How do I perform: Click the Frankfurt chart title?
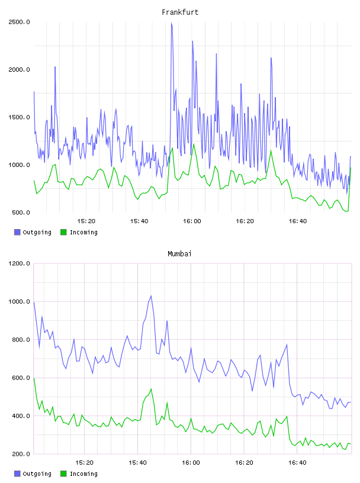point(180,12)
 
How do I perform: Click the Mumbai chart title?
point(179,254)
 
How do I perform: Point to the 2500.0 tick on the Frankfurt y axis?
point(19,22)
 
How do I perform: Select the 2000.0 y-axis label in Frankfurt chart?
point(19,70)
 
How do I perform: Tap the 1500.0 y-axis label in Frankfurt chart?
point(19,117)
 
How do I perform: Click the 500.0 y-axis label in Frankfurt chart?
point(21,212)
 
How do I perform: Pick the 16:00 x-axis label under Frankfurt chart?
point(192,221)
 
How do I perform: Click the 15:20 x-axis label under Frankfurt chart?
point(86,221)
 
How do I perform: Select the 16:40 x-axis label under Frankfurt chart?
point(298,221)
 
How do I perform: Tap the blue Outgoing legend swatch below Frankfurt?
point(17,232)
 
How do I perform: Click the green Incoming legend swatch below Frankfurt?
point(63,232)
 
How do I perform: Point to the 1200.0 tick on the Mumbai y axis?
point(19,263)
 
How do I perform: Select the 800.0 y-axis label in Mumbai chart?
point(21,340)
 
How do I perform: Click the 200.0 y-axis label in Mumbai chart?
point(21,454)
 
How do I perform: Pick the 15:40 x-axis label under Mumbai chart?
point(137,463)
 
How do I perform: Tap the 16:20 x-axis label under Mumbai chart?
point(244,463)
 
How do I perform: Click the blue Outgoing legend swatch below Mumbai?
point(17,474)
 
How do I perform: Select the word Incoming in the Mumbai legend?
point(83,474)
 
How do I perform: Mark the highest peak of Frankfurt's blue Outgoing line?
point(171,22)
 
